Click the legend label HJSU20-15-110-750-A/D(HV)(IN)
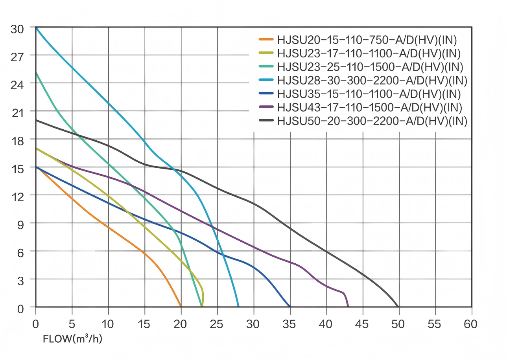(367, 40)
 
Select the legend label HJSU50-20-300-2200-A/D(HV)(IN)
(372, 121)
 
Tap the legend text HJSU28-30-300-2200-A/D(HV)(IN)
(372, 81)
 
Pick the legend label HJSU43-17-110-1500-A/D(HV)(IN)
(370, 108)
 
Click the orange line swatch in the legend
(266, 39)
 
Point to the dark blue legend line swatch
(266, 94)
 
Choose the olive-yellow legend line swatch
(266, 53)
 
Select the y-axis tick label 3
(21, 280)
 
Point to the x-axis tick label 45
(362, 325)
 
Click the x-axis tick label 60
(471, 325)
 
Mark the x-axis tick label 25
(217, 325)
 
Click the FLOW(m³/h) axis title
(72, 339)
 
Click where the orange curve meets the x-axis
(181, 307)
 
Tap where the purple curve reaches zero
(348, 307)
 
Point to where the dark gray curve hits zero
(398, 307)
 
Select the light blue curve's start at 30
(36, 28)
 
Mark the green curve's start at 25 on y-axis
(36, 73)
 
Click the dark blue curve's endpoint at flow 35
(290, 307)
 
